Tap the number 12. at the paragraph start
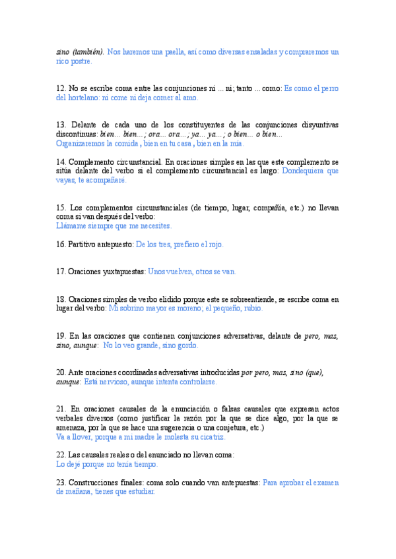click(x=61, y=88)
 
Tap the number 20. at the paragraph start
click(x=61, y=372)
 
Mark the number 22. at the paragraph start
click(x=61, y=455)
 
